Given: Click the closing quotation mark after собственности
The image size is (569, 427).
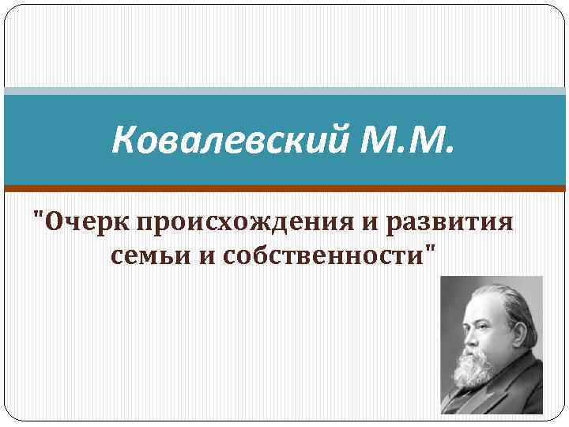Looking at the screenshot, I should pos(431,248).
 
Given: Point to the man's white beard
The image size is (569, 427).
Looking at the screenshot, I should pos(477,368).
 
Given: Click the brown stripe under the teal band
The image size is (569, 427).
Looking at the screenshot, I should pos(284,188).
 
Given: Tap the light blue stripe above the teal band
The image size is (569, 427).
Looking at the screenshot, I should pos(284,91).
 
